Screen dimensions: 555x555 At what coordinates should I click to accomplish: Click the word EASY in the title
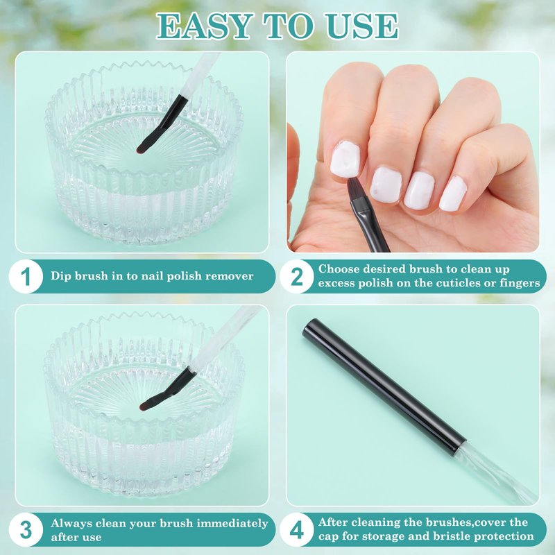click(x=204, y=26)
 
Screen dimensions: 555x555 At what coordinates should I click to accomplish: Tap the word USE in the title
click(x=362, y=26)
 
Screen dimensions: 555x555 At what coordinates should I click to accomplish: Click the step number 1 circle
click(x=26, y=276)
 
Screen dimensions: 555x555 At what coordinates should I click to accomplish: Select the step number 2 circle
click(x=297, y=276)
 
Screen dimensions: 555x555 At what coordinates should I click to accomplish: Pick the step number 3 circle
click(x=26, y=530)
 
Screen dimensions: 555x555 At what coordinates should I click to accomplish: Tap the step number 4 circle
click(x=297, y=530)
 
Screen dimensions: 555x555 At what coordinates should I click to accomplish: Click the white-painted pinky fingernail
click(x=453, y=194)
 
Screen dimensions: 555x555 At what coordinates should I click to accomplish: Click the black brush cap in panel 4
click(x=385, y=386)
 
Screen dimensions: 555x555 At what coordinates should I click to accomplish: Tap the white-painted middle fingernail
click(x=386, y=185)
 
